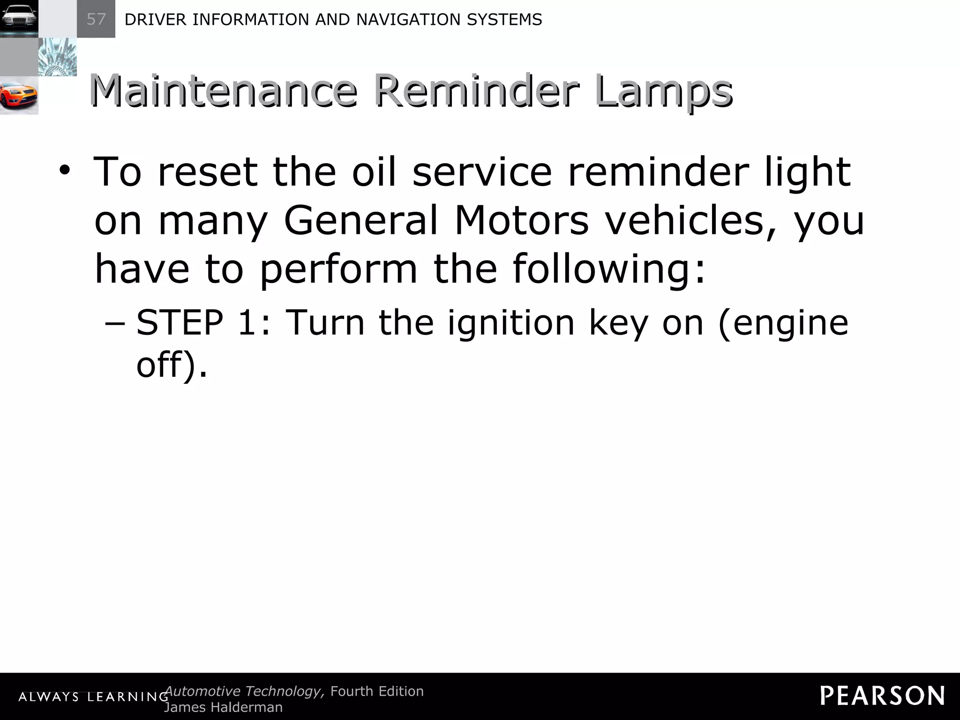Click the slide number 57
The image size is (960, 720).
(x=96, y=19)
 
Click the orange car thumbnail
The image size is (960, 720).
(x=19, y=96)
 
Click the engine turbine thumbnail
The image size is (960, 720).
(x=57, y=57)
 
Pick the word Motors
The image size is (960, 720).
(x=521, y=220)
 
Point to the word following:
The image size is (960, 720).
(x=608, y=270)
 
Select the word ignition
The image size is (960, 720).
(x=511, y=323)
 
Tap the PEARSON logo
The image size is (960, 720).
(x=882, y=696)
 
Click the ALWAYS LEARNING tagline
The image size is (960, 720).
(x=93, y=697)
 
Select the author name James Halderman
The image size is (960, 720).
(x=223, y=707)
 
